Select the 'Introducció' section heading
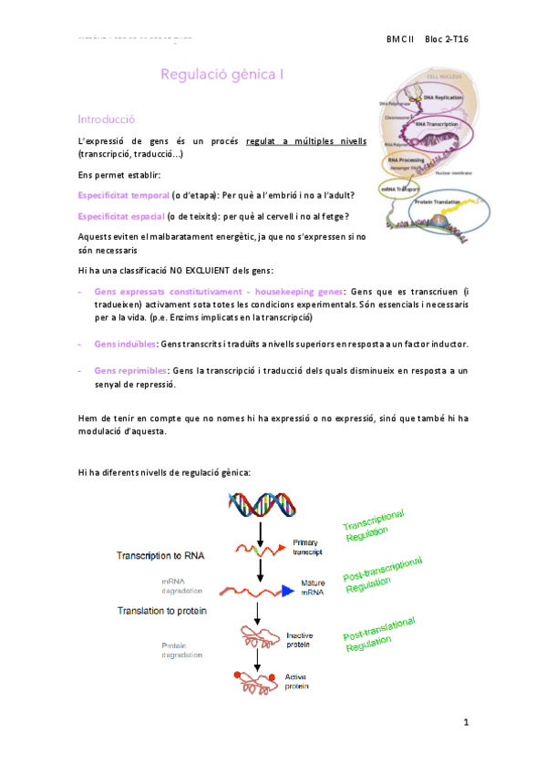107,119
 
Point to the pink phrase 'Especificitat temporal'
123,195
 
